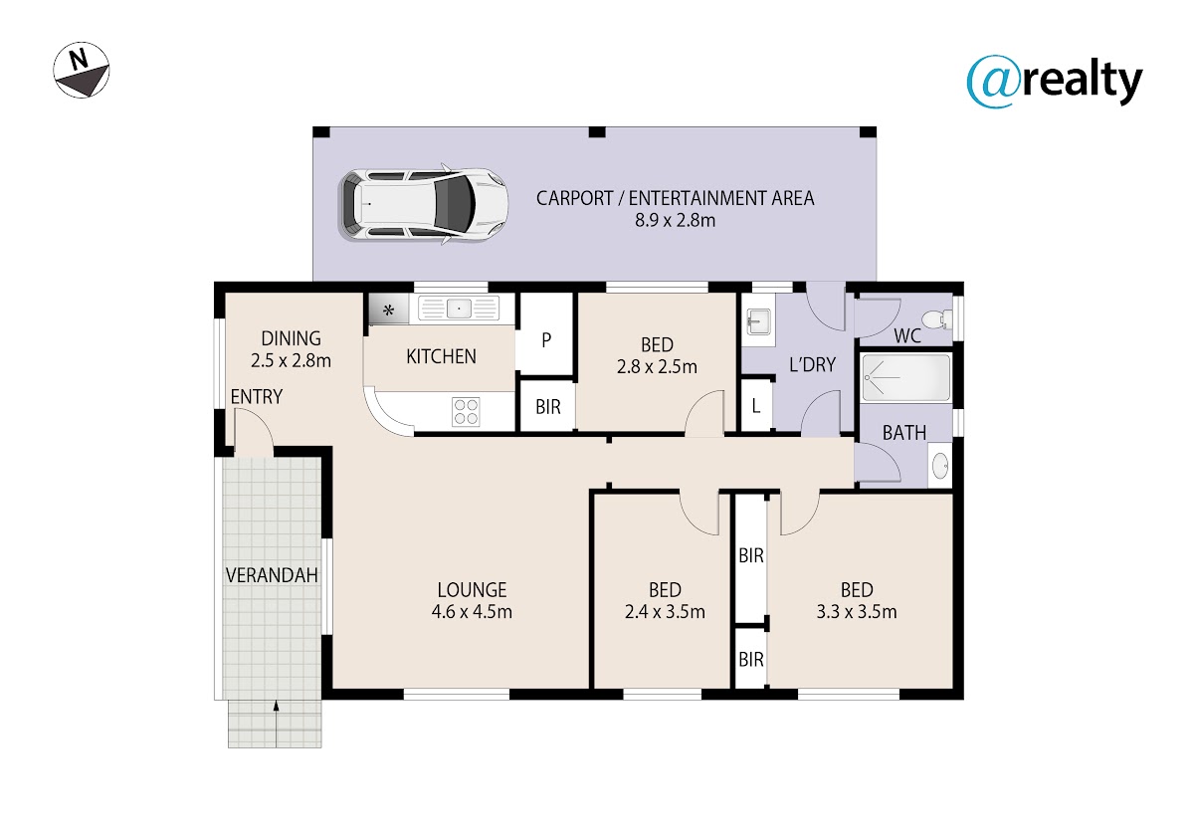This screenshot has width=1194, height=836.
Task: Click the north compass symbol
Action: coord(82,70)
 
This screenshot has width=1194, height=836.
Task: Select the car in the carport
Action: coord(423,204)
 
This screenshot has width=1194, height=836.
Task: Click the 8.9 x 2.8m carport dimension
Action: coord(675,220)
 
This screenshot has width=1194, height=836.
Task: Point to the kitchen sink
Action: coord(459,309)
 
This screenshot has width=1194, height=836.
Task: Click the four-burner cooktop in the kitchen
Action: coord(466,412)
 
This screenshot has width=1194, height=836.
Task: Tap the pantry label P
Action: coord(546,340)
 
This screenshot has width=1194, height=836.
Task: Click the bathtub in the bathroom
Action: coord(906,377)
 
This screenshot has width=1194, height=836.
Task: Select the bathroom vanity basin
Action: coord(940,466)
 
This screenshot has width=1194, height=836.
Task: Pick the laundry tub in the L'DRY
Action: coord(758,320)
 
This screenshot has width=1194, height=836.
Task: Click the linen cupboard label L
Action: coord(755,406)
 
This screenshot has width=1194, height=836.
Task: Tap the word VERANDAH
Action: coord(272,575)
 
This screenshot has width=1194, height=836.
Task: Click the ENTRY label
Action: coord(257,397)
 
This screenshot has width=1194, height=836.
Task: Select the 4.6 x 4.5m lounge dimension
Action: coord(472,611)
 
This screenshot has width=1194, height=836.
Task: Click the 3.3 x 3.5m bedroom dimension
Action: coord(857,611)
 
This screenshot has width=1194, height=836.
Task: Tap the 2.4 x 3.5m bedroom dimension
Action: coord(665,611)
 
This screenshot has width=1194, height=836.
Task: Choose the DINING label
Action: coord(291,338)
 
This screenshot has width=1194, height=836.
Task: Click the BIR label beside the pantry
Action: coord(548,407)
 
